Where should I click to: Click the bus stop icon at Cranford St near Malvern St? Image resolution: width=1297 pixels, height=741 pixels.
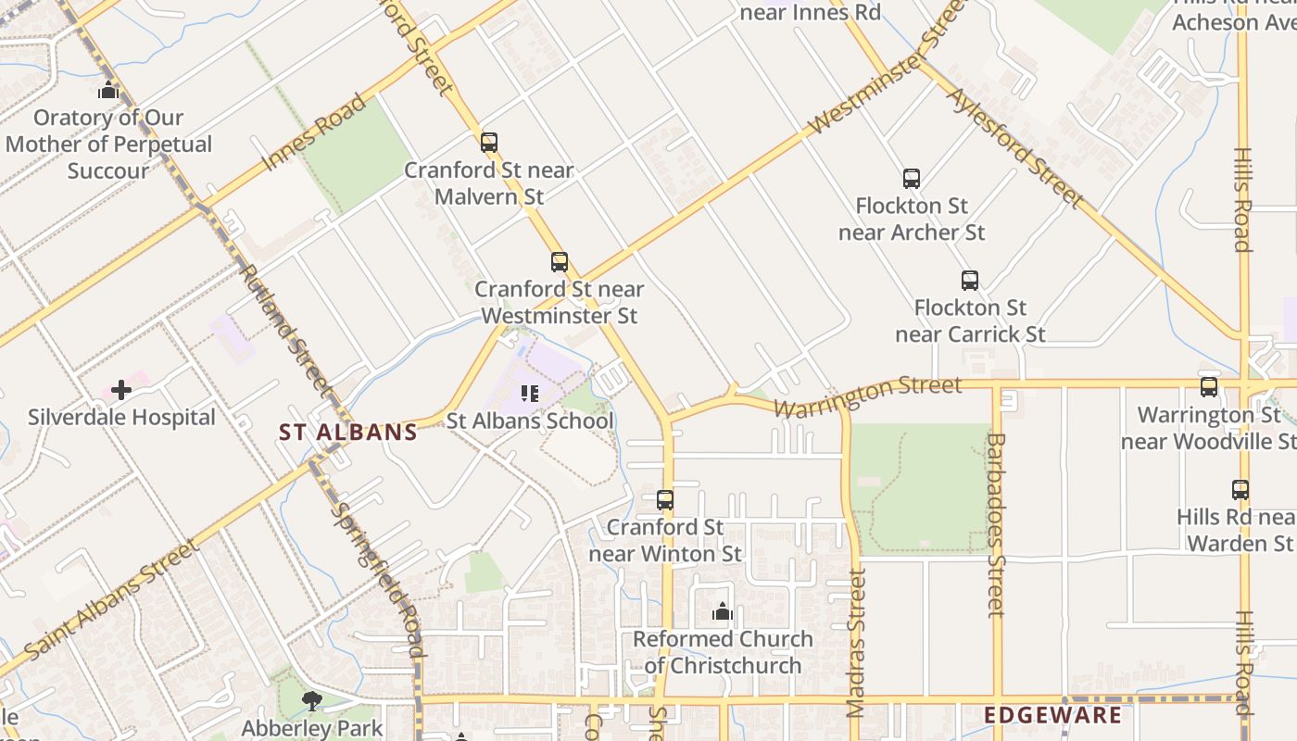489,143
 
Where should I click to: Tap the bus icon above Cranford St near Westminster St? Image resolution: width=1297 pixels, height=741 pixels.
559,262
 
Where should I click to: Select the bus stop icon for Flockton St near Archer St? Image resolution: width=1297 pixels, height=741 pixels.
912,179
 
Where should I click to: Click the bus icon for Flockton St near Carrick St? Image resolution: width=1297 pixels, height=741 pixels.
970,281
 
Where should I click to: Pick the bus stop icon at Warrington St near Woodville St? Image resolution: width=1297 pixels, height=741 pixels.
1209,387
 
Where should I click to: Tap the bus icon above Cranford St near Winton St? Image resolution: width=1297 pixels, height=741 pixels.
665,500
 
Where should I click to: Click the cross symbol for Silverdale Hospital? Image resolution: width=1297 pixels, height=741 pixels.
121,390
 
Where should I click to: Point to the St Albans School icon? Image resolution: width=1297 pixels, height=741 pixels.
530,394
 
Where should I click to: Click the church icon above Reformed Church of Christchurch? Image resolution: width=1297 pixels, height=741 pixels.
723,611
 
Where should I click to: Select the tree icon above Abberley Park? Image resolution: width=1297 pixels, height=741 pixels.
312,701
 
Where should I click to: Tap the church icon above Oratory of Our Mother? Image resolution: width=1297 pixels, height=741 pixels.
108,90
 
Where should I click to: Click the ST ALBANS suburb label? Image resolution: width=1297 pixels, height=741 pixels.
348,433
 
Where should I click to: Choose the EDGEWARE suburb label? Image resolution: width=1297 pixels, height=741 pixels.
1052,715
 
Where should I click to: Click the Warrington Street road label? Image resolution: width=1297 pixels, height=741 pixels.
868,396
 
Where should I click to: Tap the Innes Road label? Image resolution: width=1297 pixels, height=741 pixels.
314,132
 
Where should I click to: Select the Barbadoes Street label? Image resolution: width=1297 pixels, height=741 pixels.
996,524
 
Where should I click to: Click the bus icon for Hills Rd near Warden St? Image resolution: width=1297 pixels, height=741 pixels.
1240,490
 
